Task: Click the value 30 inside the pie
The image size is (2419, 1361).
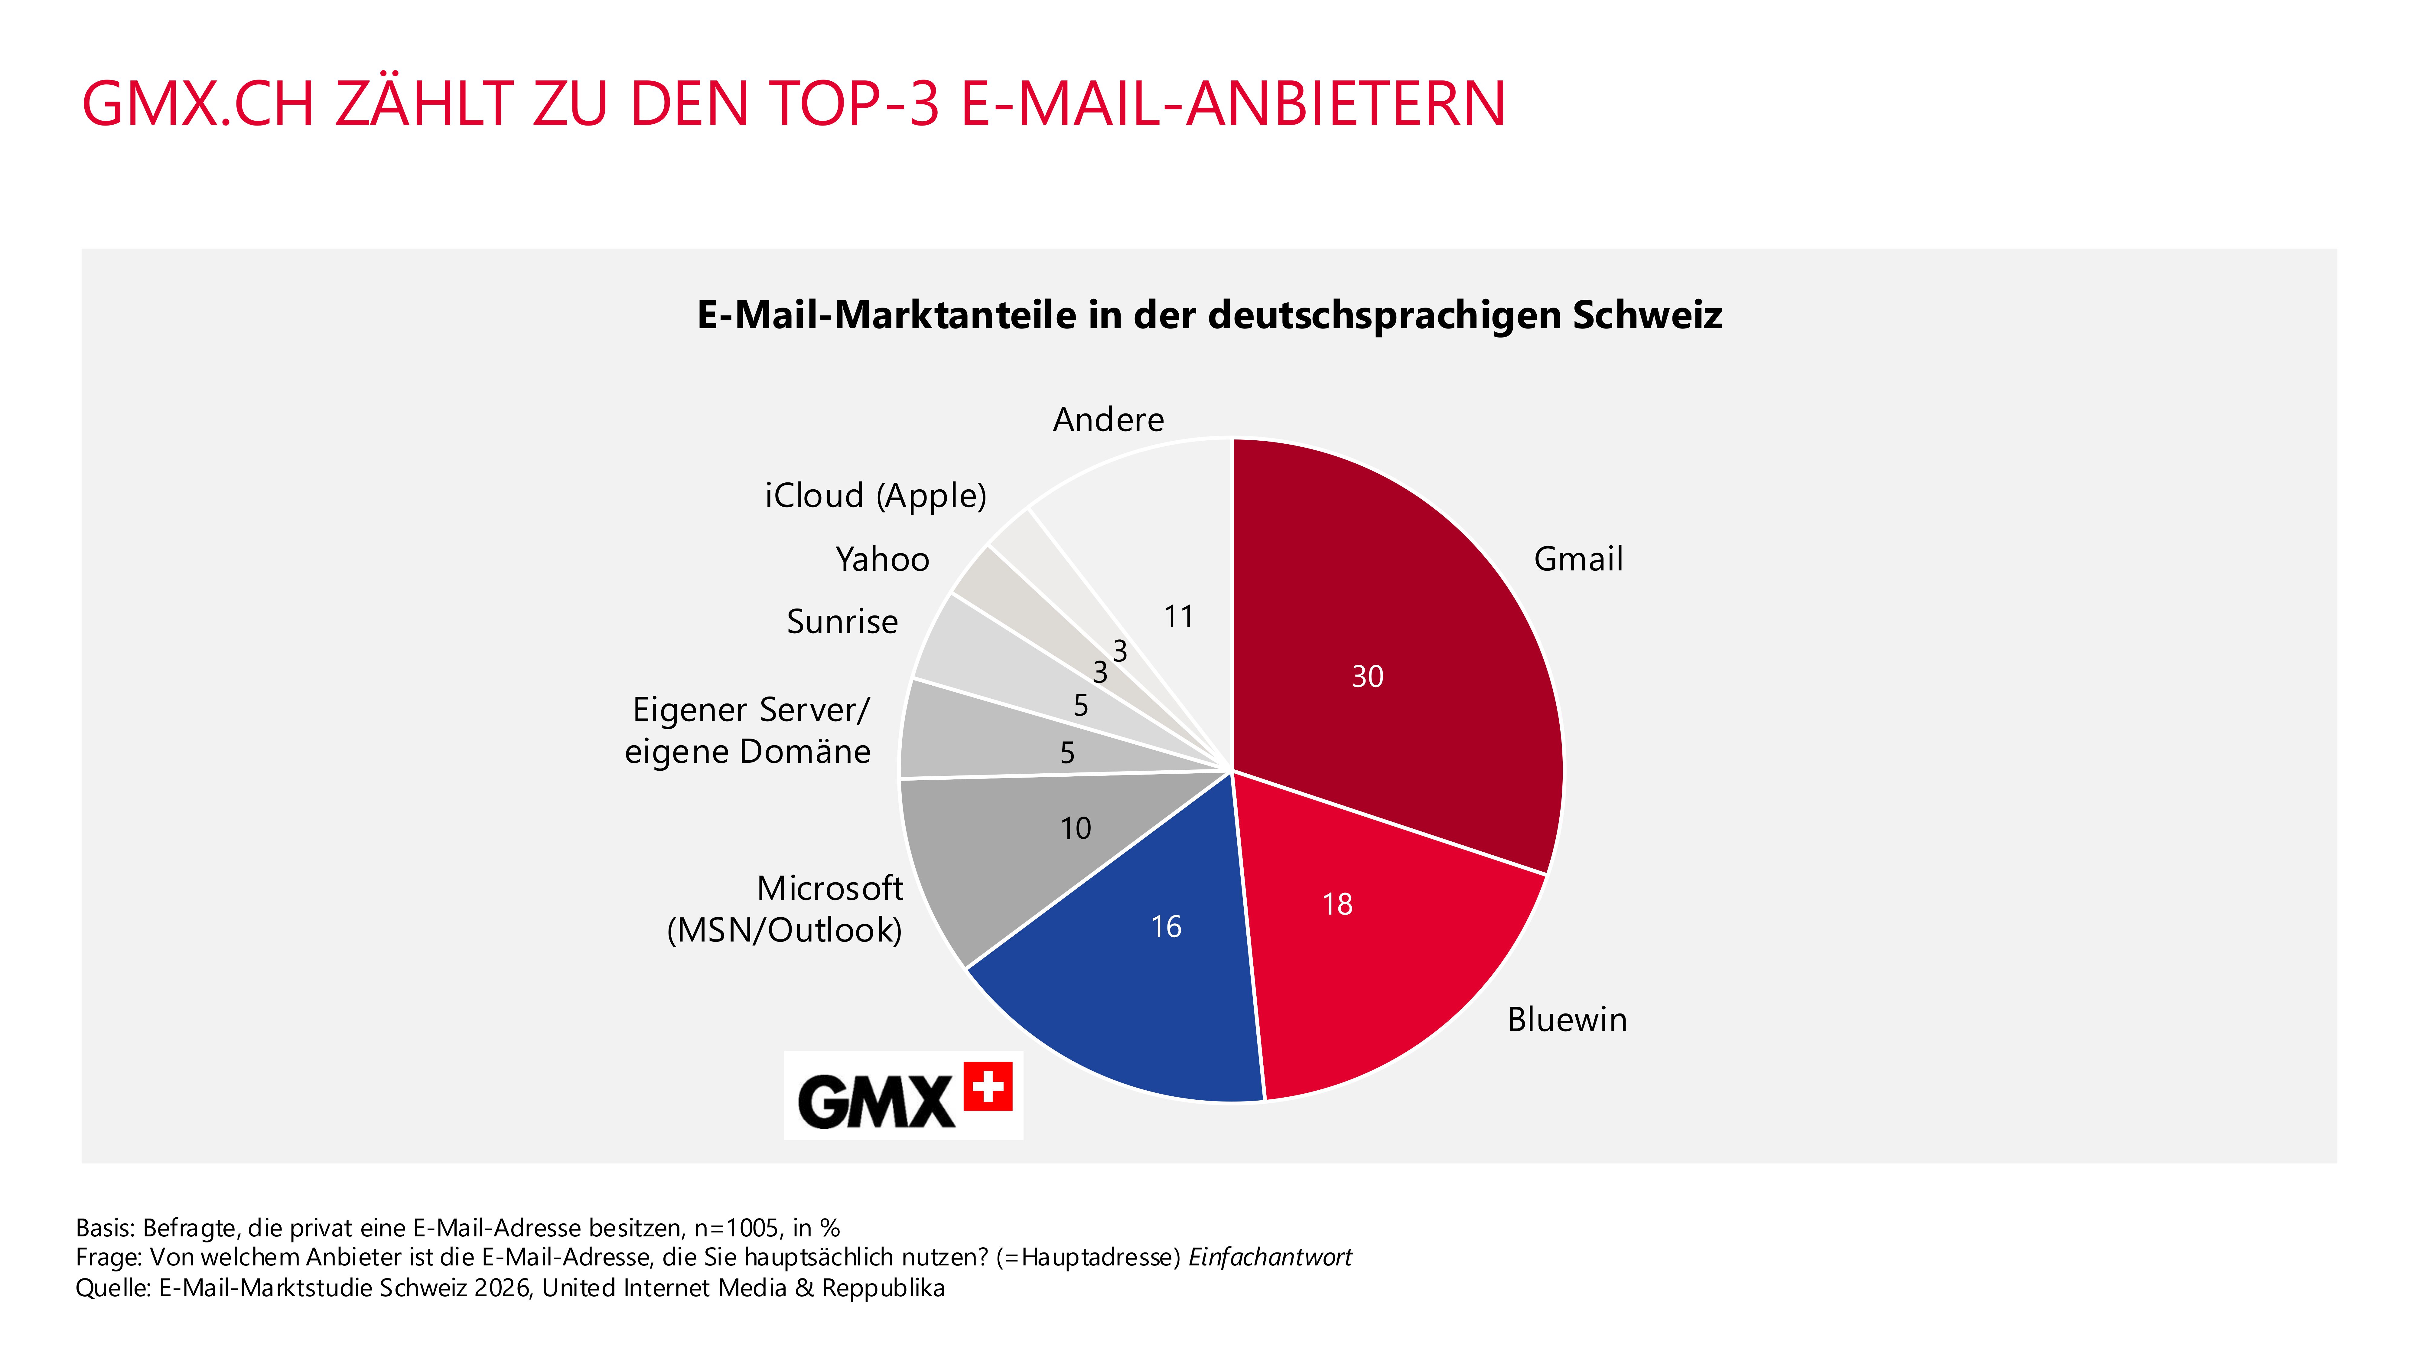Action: click(x=1367, y=676)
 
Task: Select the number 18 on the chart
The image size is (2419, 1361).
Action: click(x=1337, y=905)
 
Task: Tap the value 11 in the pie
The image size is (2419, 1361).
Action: click(x=1179, y=617)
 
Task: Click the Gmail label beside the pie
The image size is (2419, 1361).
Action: click(x=1577, y=559)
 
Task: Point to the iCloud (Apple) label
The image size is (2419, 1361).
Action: click(x=875, y=495)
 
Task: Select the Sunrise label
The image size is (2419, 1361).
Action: click(x=842, y=622)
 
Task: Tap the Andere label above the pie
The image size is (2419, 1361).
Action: click(x=1108, y=419)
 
